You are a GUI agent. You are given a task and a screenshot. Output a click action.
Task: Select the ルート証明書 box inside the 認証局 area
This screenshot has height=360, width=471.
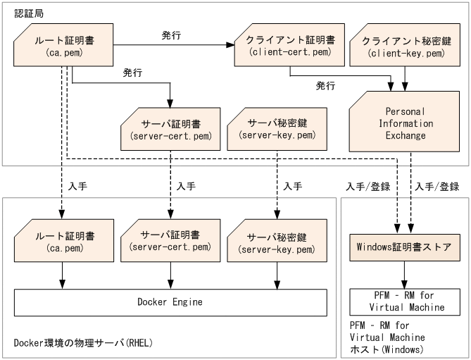tap(64, 46)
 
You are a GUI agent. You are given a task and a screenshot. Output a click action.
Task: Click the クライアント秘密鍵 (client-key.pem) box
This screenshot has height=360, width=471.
tap(405, 46)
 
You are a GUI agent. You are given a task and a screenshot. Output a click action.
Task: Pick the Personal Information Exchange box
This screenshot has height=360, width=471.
tap(405, 123)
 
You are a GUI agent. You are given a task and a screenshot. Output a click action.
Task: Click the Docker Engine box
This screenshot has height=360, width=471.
tap(170, 302)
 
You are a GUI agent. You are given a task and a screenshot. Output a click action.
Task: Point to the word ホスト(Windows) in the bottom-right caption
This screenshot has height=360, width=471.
tap(386, 349)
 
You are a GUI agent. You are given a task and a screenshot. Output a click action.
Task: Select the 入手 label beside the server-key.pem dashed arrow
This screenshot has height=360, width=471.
tap(292, 187)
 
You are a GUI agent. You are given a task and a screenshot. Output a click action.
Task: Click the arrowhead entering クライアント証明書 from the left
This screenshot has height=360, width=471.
tap(230, 46)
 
